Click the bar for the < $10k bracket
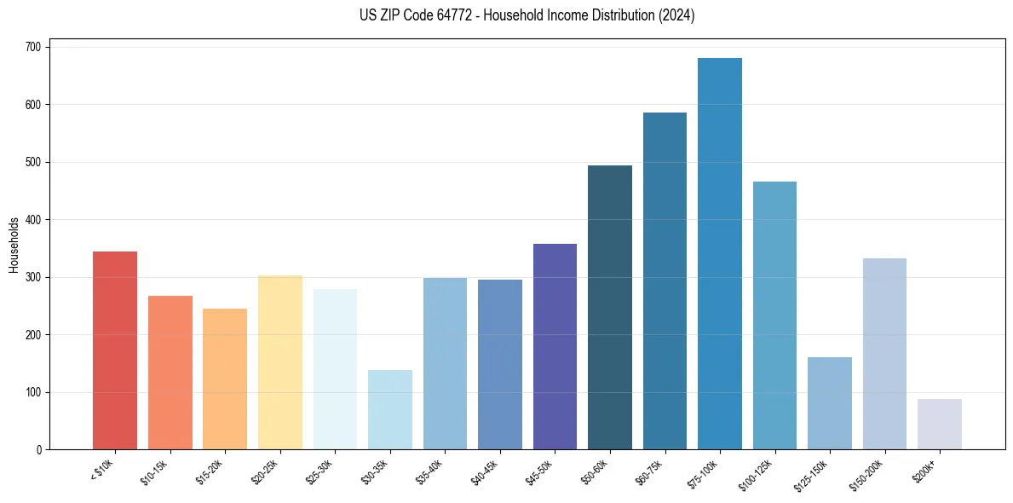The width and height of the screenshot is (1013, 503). [x=115, y=350]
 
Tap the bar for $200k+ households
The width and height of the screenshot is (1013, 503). [x=939, y=424]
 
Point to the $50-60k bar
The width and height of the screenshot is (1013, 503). [x=609, y=307]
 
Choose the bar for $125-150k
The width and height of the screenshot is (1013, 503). [x=829, y=403]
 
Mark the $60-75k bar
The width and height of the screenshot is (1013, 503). [x=665, y=281]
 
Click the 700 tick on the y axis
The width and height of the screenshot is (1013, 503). [x=34, y=47]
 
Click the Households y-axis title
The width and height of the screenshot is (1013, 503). [x=14, y=245]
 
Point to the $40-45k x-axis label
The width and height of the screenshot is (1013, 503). [x=486, y=470]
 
